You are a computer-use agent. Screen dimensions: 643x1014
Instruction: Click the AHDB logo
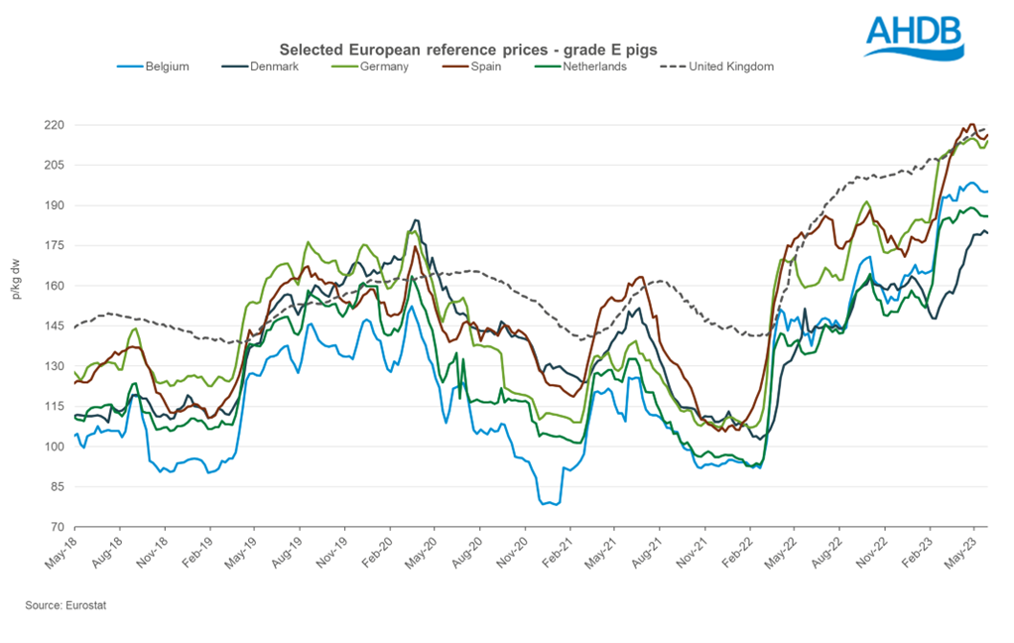click(x=914, y=37)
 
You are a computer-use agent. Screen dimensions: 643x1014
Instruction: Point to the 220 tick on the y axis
click(x=55, y=125)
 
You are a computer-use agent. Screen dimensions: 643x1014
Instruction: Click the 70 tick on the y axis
click(x=59, y=527)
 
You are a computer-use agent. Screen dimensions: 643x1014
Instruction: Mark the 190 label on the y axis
click(x=55, y=205)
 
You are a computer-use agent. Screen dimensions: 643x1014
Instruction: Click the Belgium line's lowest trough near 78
click(x=548, y=504)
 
